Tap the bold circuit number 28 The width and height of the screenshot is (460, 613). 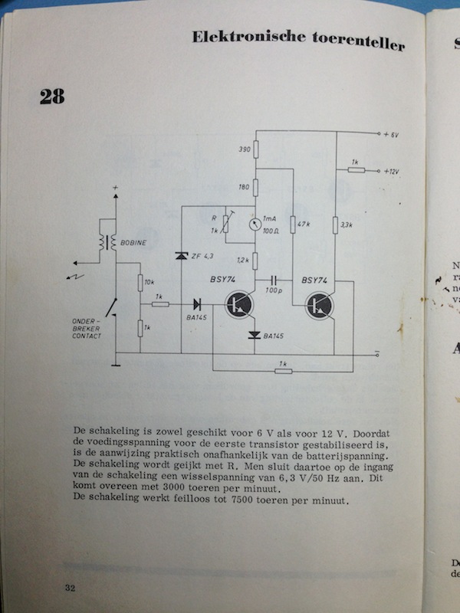coord(52,97)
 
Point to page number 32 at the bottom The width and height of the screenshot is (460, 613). coord(70,588)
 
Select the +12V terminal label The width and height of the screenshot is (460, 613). coord(394,172)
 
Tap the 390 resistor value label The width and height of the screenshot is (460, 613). coord(245,149)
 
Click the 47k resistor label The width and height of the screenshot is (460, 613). coord(301,225)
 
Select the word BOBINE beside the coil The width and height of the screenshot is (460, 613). coord(135,243)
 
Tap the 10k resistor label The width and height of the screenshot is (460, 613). coord(150,284)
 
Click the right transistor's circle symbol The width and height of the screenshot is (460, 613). coord(318,306)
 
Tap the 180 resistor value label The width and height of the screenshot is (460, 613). coord(245,188)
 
